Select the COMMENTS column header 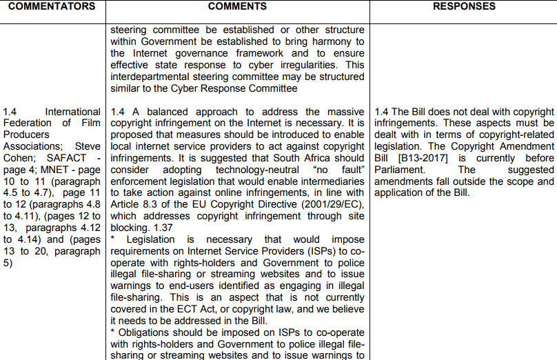pos(237,6)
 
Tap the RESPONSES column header pos(463,6)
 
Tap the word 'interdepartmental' pos(153,76)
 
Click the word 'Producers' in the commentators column pos(24,134)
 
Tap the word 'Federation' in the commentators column pos(28,123)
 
